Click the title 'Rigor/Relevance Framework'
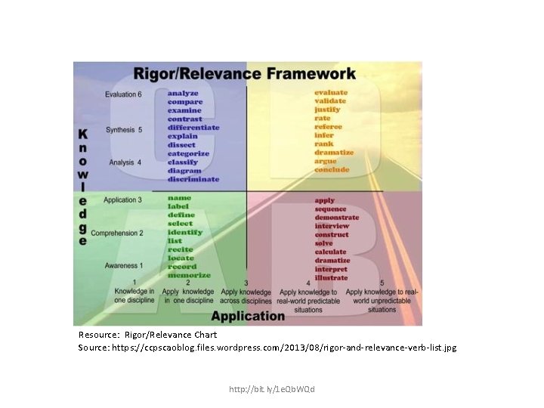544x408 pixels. pos(244,74)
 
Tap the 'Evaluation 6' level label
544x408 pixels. pos(123,94)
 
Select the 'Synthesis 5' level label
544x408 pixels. pos(124,130)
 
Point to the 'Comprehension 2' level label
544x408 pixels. pos(116,233)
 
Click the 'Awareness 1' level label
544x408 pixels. pos(122,266)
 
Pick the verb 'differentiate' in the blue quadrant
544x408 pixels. pos(193,128)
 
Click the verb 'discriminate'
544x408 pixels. pos(193,179)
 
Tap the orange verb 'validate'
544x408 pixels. pos(330,101)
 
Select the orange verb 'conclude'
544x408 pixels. pos(332,169)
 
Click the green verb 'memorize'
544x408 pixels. pos(189,275)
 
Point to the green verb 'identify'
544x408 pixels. pos(184,232)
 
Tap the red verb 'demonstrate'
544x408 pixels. pos(337,218)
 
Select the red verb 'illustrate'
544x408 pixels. pos(332,277)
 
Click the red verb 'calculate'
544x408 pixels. pos(331,252)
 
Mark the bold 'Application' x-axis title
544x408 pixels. pos(247,316)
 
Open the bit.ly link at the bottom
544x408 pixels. pos(271,389)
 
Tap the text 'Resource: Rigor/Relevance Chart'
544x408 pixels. pos(148,335)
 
